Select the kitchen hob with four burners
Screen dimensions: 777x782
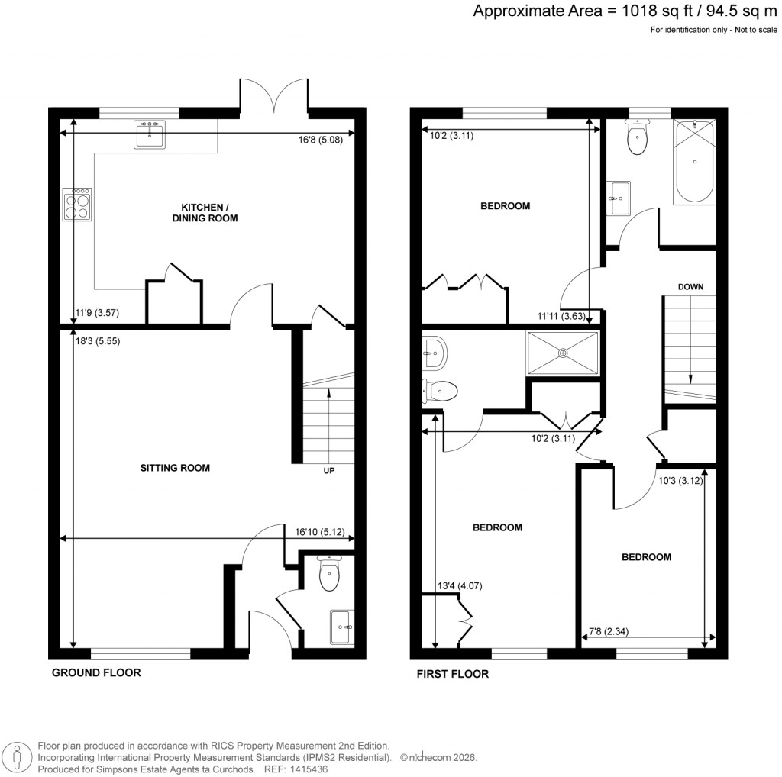(77, 204)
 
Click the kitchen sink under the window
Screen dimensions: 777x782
(149, 135)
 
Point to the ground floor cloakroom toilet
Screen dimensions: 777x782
(329, 576)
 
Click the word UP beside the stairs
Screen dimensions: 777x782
(330, 471)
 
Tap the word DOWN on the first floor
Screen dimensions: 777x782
(690, 287)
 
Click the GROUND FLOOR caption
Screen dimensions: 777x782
(96, 672)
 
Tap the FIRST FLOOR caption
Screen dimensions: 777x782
(452, 674)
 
